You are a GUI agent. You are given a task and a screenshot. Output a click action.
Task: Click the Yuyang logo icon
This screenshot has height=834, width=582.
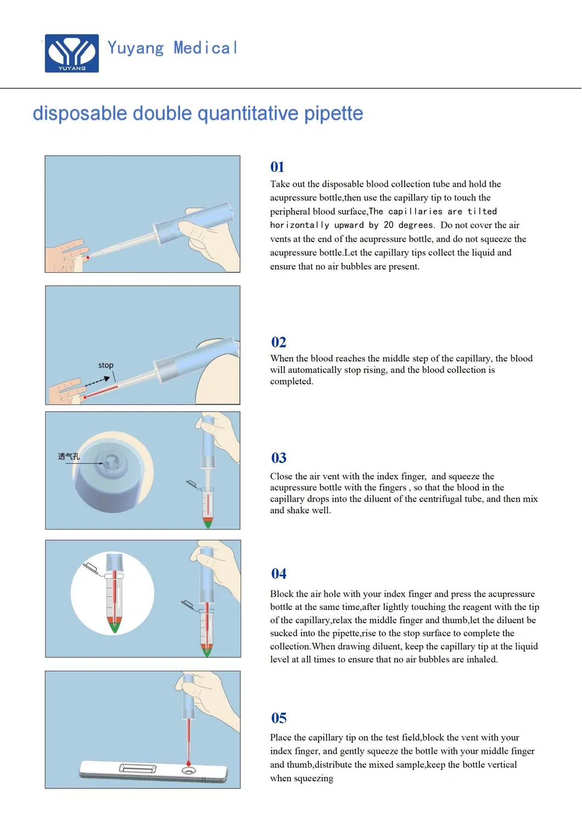point(72,53)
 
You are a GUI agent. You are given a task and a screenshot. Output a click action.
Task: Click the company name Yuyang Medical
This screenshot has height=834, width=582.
point(172,48)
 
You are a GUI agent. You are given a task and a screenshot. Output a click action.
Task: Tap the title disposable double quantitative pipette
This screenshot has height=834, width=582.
point(198,114)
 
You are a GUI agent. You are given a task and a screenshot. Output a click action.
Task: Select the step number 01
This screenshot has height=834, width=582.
point(277,167)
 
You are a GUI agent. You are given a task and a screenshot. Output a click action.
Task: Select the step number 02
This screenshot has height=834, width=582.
point(278,343)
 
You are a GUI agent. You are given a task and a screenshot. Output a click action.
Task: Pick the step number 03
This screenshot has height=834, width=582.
point(278,458)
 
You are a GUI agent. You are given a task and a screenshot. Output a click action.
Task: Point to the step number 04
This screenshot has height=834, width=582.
point(278,574)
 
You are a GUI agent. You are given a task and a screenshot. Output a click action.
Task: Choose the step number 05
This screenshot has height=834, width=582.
point(278,718)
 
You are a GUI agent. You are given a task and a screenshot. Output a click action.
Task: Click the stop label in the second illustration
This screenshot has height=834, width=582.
point(106,365)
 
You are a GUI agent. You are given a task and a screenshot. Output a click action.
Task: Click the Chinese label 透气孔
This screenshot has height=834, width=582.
point(69,456)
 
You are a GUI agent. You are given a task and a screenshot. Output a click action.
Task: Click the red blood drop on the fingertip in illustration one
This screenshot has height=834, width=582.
point(87,257)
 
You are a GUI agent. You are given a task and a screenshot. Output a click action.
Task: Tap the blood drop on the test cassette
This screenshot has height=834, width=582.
point(188,764)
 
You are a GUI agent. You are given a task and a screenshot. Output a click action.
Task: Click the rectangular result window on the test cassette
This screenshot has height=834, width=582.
point(138,769)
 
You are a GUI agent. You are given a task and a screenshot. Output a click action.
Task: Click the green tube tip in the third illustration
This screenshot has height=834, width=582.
point(208,523)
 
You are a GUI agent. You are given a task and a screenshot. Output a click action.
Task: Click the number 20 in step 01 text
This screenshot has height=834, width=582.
point(388,225)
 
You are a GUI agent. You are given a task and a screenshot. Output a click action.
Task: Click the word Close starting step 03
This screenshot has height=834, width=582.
point(282,477)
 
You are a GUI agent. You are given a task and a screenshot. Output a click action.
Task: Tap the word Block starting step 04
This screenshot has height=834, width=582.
point(282,594)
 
